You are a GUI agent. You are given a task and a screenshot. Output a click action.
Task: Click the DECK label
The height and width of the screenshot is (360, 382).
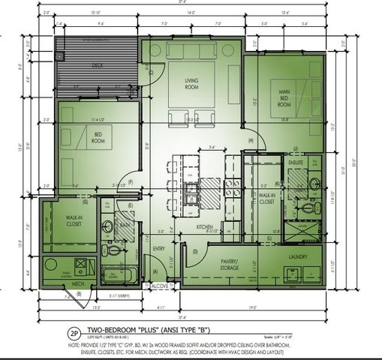[x=98, y=66]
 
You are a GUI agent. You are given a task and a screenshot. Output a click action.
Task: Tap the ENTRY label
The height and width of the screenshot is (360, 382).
[x=159, y=248]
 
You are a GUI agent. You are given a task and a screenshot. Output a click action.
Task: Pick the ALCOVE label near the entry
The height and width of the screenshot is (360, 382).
[x=159, y=286]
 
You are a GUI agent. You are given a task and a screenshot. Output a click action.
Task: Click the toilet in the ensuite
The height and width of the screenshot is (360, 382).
[x=314, y=183]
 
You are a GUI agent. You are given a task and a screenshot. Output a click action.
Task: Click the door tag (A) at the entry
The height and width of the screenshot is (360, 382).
[x=155, y=271]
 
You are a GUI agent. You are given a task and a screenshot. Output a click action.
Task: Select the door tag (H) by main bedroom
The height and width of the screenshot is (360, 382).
[x=250, y=140]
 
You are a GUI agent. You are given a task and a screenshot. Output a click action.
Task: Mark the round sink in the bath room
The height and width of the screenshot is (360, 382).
[x=107, y=224]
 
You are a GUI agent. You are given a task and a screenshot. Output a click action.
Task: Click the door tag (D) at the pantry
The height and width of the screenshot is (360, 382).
[x=195, y=252]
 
